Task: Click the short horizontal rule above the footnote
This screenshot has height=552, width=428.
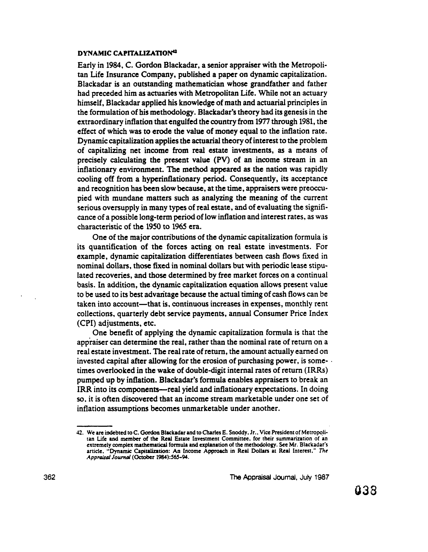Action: [x=95, y=426]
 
